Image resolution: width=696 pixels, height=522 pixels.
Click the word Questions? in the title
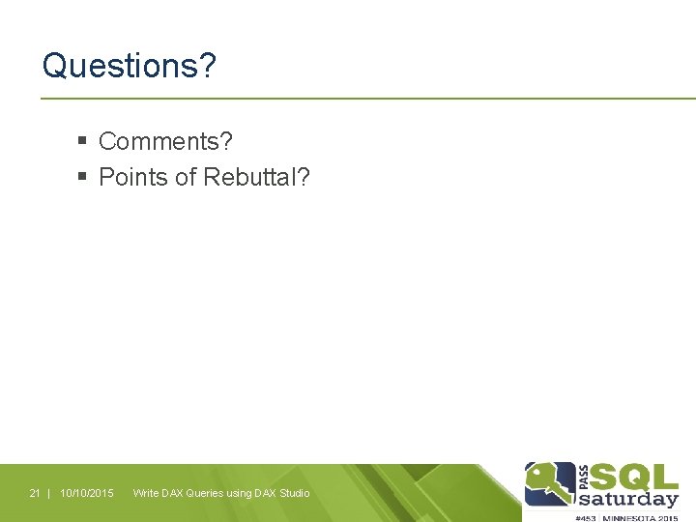coord(130,67)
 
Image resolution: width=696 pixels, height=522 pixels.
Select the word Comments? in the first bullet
coord(165,141)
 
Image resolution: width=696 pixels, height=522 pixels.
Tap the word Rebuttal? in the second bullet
coord(257,177)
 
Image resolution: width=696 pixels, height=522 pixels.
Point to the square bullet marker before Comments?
coord(83,141)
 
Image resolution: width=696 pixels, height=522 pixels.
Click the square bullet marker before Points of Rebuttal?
coord(83,177)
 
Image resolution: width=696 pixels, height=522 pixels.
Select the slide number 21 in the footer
coord(35,494)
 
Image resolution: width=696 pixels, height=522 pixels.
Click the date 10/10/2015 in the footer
coord(87,494)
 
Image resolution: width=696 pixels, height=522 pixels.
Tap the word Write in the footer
coord(146,494)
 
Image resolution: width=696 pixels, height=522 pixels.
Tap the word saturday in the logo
coord(628,500)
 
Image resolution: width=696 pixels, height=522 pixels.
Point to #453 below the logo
coord(586,517)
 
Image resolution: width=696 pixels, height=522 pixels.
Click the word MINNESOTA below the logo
coord(630,517)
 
